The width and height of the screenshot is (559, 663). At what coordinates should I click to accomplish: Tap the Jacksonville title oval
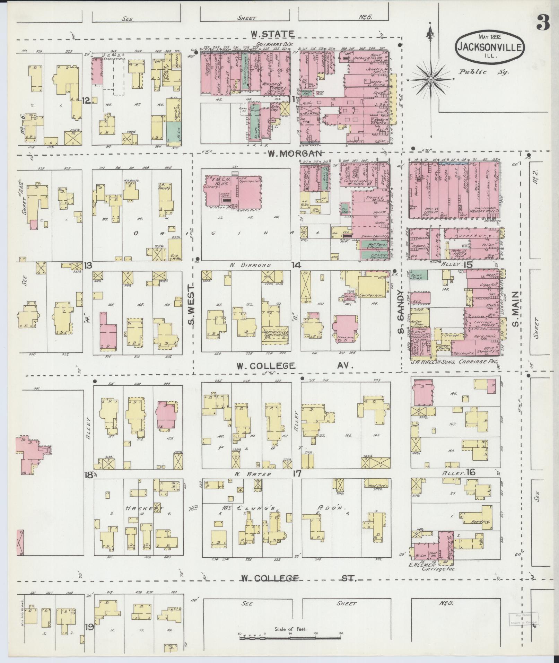[x=490, y=46]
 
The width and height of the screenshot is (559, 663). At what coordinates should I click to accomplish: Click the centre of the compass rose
[x=430, y=80]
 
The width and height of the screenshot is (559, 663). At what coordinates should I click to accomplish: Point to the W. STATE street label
[x=273, y=34]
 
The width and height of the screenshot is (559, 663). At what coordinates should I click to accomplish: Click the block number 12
[x=86, y=101]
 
